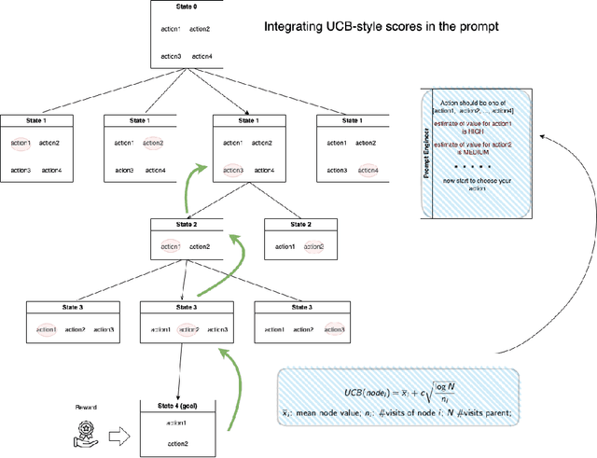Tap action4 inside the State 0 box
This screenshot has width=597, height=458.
point(202,56)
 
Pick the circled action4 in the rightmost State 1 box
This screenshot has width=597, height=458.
point(368,170)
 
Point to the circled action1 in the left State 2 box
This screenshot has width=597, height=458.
point(170,246)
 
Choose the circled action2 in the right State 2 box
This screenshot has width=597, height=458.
point(312,246)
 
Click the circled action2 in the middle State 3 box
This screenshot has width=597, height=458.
point(187,329)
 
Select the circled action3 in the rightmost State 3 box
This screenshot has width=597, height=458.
point(334,329)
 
